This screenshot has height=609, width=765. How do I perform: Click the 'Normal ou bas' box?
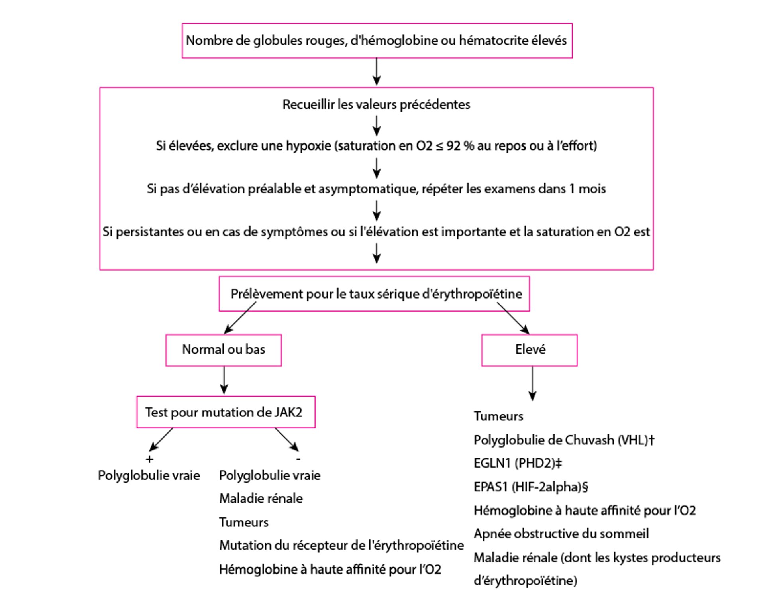tap(224, 350)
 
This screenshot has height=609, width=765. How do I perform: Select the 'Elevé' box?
tap(529, 350)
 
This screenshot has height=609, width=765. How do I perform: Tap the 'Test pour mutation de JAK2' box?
tap(226, 412)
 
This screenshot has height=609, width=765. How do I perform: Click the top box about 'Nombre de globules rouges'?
tap(377, 41)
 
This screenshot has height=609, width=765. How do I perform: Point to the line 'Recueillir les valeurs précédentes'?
tap(376, 104)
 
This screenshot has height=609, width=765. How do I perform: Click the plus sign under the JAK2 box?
tap(149, 459)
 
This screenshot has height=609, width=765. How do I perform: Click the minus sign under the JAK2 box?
tap(298, 459)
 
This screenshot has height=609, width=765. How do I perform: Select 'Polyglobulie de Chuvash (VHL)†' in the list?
tap(563, 440)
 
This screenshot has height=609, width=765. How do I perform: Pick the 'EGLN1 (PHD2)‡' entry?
tap(518, 463)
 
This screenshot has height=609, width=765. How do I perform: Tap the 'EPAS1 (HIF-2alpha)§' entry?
tap(531, 487)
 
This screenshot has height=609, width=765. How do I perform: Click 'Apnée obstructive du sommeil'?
tap(561, 534)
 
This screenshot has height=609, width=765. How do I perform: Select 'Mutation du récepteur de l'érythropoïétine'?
tap(341, 545)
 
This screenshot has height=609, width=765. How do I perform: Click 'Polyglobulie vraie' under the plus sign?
tap(149, 475)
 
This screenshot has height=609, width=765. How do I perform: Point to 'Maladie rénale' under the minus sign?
tap(261, 499)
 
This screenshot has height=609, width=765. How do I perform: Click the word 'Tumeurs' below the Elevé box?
tap(498, 416)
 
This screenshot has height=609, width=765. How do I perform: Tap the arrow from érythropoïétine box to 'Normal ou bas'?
tap(240, 318)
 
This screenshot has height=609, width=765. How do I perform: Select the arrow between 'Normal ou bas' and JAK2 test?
tap(224, 381)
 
